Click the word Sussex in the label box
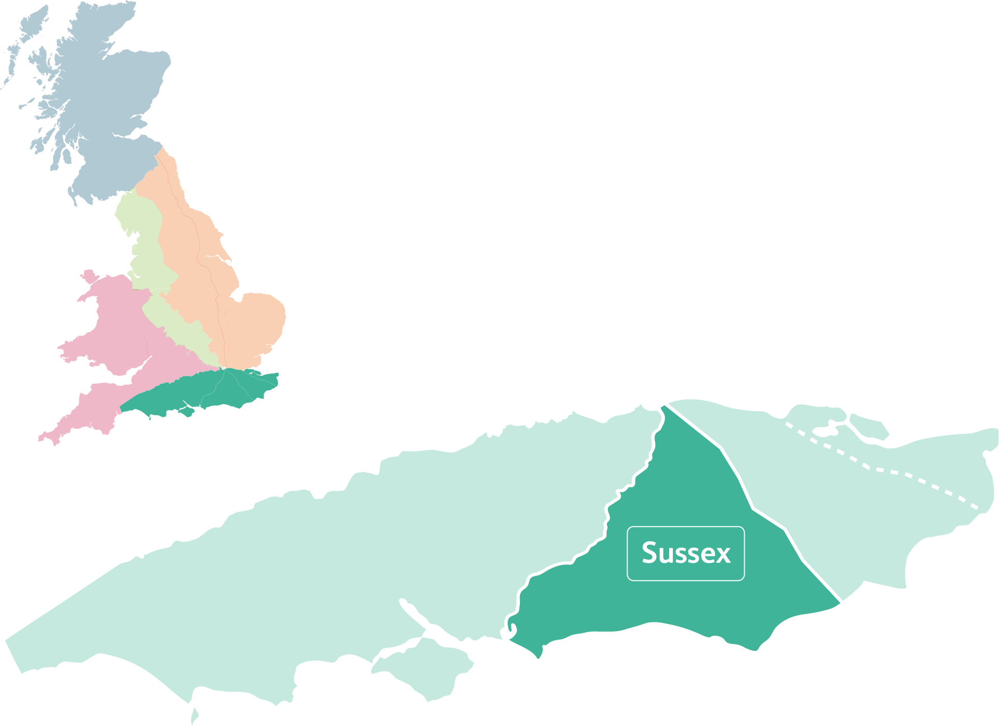(686, 553)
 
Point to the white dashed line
(880, 469)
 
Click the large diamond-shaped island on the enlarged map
(425, 668)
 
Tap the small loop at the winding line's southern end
(508, 632)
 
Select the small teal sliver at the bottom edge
(195, 717)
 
